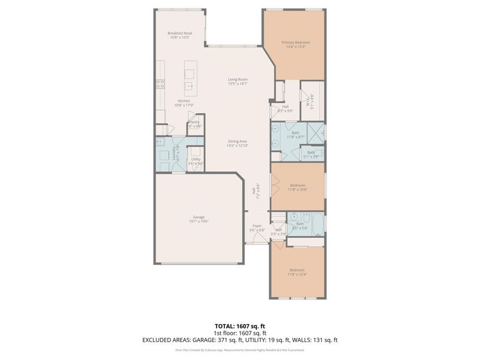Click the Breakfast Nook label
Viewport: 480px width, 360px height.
point(179,35)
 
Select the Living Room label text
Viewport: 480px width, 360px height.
point(238,82)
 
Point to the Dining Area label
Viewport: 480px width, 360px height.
point(238,143)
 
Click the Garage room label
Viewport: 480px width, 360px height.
point(200,220)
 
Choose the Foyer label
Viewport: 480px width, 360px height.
point(257,228)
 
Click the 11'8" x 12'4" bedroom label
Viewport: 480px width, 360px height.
point(297,272)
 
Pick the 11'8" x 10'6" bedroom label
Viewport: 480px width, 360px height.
point(297,187)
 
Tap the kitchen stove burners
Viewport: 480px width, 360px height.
point(160,85)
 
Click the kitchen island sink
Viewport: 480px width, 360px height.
point(190,86)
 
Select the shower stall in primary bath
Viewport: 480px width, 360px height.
point(315,132)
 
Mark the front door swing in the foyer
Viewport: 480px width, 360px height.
point(259,239)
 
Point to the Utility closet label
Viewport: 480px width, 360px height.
point(196,161)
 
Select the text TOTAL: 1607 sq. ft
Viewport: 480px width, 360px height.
point(240,326)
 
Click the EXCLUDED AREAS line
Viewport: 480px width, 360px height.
point(240,340)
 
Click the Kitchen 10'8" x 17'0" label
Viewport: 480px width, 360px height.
point(184,103)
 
